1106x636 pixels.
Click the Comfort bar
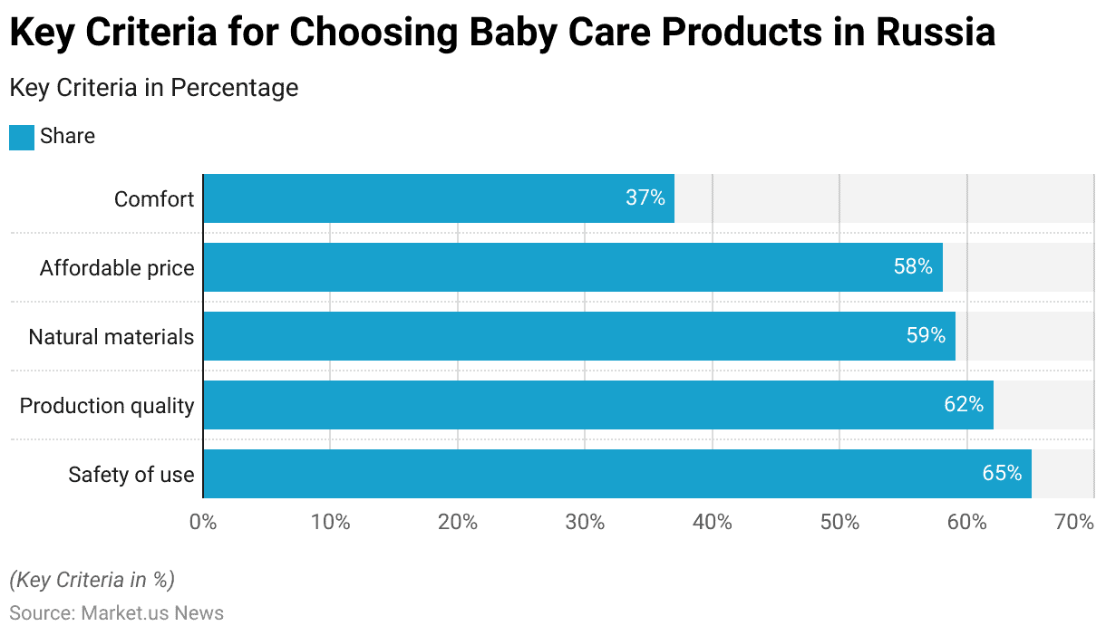439,198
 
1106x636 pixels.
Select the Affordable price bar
573,267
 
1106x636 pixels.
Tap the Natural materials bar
579,336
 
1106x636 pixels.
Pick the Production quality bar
598,405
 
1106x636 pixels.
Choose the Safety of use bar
617,474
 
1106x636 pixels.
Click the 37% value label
645,198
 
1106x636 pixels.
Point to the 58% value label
914,266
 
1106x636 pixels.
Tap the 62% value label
964,404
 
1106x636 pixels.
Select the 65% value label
1002,473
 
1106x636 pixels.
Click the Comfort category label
154,199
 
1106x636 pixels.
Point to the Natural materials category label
112,337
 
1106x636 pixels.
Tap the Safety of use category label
131,475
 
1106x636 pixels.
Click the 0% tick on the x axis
203,522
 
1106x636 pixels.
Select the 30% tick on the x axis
585,522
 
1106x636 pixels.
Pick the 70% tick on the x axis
1074,522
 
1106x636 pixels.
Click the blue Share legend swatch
22,138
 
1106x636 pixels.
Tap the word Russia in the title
936,32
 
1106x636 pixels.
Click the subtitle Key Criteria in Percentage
154,88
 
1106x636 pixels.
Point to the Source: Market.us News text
117,612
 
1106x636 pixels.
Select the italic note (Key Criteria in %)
92,580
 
